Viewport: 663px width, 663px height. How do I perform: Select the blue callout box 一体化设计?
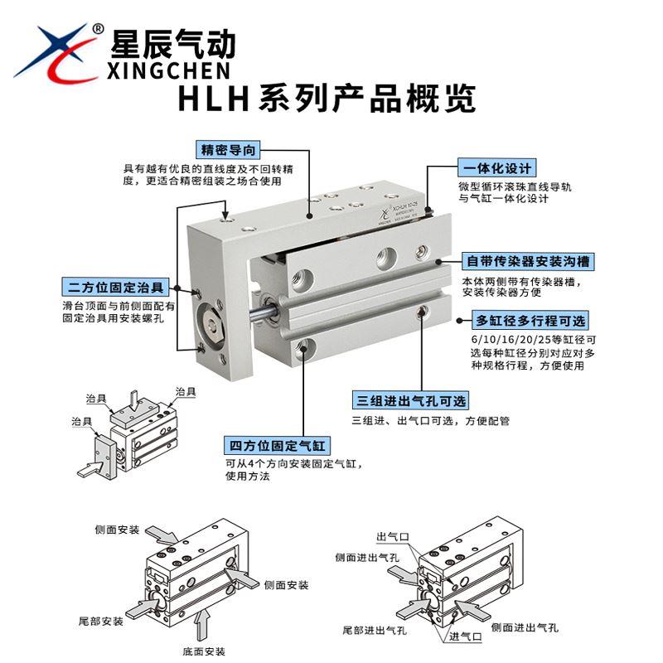click(496, 168)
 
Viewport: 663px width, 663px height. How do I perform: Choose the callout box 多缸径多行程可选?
click(531, 321)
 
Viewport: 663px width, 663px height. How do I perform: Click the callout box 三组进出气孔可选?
click(409, 401)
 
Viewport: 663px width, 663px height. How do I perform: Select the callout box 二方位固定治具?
click(115, 288)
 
